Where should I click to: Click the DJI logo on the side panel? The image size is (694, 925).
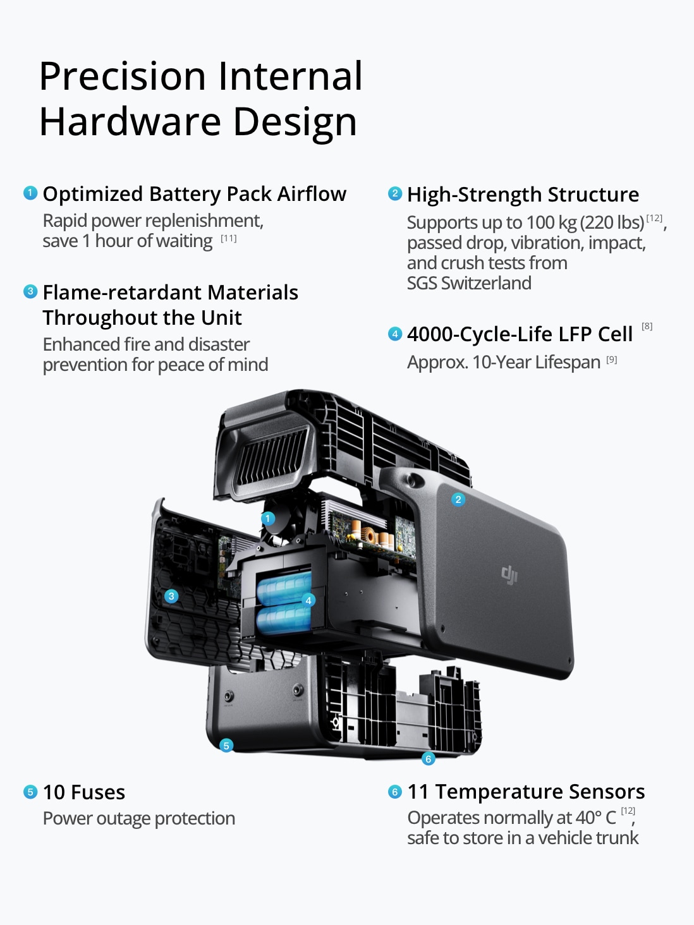[509, 575]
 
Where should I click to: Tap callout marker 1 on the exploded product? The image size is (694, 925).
[267, 518]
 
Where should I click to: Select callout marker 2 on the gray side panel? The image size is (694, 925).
[458, 499]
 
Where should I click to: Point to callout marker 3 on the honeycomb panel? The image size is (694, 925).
[171, 596]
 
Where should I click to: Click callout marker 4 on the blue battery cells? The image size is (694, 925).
[308, 600]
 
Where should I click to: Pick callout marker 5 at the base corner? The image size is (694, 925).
[226, 746]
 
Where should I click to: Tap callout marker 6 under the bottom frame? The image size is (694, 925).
[428, 759]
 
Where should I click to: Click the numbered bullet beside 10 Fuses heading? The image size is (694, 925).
[30, 792]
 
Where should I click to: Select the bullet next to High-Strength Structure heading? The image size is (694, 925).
[395, 193]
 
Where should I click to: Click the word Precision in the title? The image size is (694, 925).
[122, 76]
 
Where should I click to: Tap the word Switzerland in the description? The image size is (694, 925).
[486, 283]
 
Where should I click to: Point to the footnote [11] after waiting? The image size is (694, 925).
[229, 239]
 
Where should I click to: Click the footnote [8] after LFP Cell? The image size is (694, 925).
[647, 326]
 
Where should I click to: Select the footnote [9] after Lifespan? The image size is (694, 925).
[611, 360]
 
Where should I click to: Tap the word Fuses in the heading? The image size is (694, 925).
[98, 792]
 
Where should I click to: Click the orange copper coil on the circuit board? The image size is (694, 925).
[368, 536]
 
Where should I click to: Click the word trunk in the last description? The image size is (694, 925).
[618, 838]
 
